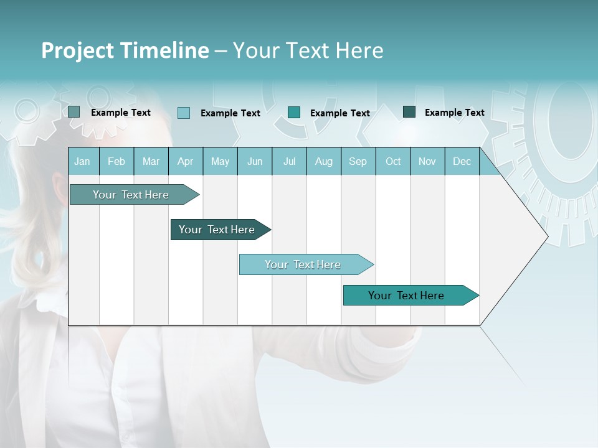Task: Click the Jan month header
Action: tap(82, 161)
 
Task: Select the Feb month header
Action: tap(116, 161)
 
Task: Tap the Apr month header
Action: tap(185, 161)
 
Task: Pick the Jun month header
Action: tap(255, 161)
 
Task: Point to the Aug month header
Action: tap(323, 161)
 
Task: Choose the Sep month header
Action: tap(358, 161)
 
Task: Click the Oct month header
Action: tap(393, 161)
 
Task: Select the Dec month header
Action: tap(462, 161)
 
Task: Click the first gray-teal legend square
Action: tap(74, 112)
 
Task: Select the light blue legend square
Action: tap(184, 113)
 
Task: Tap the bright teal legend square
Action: tap(294, 112)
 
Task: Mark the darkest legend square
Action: tap(409, 112)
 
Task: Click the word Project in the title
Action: tap(78, 50)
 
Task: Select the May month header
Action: tap(220, 161)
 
